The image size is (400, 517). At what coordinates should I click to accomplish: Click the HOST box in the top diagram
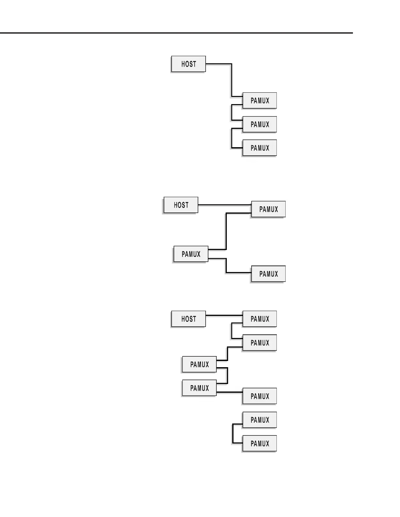pos(189,64)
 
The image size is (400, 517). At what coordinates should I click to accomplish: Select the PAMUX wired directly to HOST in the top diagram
pos(260,101)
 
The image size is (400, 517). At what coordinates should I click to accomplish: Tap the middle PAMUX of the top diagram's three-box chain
pos(260,124)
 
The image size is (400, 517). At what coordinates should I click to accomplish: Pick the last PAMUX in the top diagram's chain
pos(260,148)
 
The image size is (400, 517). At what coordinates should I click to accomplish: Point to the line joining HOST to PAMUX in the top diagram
pos(232,80)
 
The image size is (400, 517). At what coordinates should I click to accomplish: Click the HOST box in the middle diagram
pos(181,205)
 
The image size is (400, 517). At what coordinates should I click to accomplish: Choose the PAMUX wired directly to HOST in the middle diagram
pos(268,209)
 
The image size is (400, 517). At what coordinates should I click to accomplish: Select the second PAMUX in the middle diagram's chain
pos(191,254)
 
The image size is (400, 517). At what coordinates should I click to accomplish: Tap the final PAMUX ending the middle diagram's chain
pos(268,274)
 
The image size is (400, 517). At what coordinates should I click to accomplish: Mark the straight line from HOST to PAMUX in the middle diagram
pos(225,205)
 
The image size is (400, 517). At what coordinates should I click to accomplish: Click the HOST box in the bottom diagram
pos(189,319)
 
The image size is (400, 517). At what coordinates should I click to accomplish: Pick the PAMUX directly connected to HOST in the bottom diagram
pos(260,319)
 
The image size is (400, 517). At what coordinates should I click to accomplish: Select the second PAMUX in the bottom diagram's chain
pos(260,343)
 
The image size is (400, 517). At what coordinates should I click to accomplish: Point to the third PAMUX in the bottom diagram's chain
pos(199,364)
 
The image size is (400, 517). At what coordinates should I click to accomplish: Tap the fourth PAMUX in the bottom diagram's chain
pos(199,388)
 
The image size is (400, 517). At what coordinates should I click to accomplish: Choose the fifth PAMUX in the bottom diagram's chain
pos(260,396)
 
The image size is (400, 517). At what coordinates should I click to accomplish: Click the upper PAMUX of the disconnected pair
pos(260,420)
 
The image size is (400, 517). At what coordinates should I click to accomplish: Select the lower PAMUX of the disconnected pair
pos(260,444)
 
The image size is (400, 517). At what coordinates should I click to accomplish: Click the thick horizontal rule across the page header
pos(176,33)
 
